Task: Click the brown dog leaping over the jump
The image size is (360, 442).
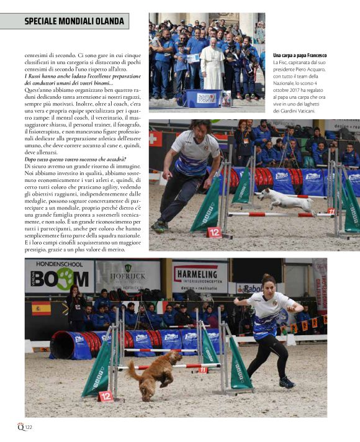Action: pos(153,373)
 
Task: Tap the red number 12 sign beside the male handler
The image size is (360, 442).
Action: pos(214,232)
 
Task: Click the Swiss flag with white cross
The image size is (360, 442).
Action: pos(155,138)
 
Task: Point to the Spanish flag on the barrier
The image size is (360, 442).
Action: pos(41,308)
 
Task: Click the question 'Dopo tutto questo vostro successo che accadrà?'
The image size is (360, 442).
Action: pos(74,160)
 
